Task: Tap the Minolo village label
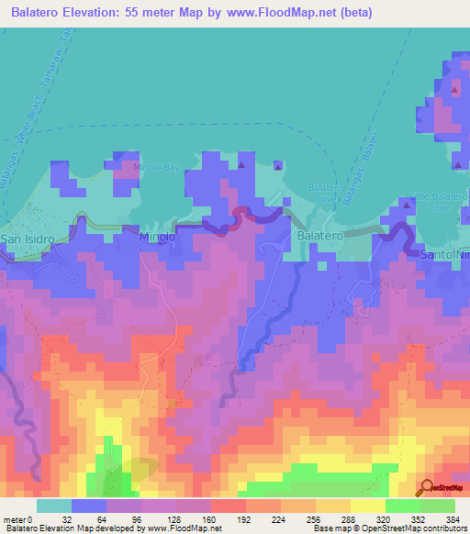[156, 236]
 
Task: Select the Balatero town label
[320, 236]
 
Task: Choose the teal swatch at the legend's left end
[54, 506]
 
